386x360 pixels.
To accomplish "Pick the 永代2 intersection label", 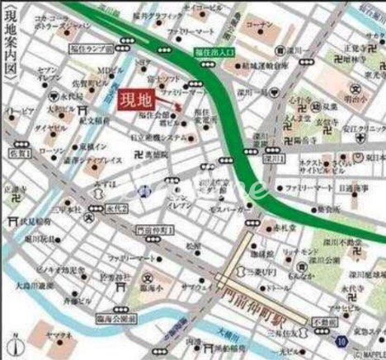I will pos(118,209).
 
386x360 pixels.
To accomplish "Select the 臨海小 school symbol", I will pos(149,278).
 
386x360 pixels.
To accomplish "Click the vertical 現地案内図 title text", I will pos(8,62).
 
